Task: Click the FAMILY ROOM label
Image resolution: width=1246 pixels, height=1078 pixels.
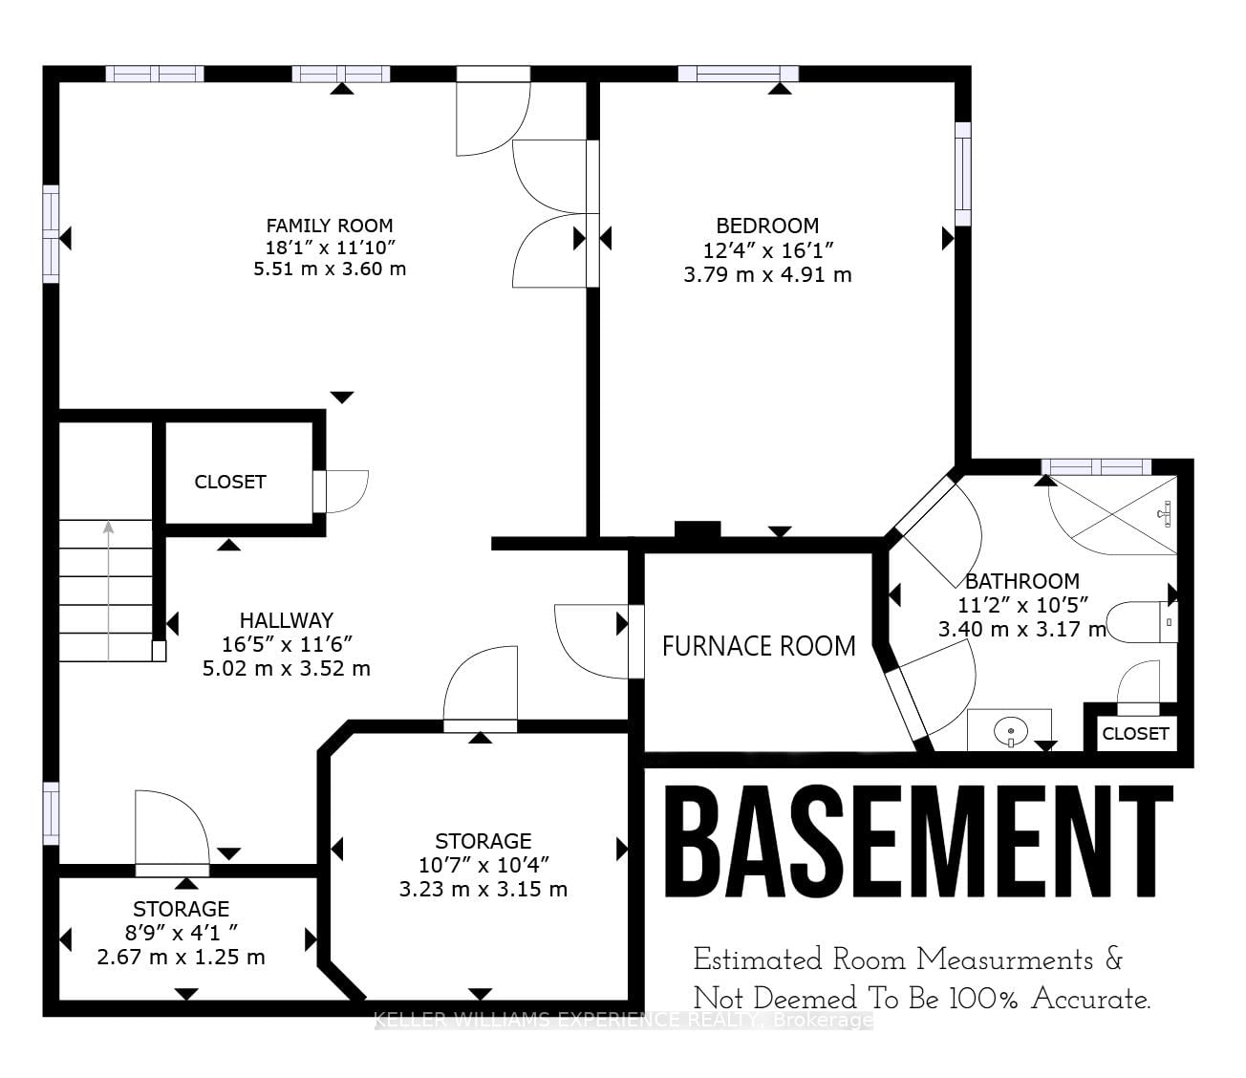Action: tap(329, 226)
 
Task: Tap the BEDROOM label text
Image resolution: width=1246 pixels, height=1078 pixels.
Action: tap(767, 226)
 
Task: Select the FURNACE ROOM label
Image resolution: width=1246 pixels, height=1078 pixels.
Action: tap(759, 646)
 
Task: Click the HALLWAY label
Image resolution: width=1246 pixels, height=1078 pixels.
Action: tap(287, 620)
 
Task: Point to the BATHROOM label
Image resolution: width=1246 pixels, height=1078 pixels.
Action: tap(1022, 581)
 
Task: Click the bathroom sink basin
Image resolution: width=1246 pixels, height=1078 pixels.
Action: tap(1010, 731)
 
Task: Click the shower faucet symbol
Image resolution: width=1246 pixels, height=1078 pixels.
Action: tap(1165, 513)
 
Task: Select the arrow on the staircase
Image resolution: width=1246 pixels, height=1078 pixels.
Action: tap(109, 591)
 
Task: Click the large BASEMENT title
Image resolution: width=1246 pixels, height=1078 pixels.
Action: tap(918, 842)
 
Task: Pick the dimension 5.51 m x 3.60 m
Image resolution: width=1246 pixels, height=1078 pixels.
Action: tap(330, 269)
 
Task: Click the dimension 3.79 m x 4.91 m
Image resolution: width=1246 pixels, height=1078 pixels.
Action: tap(767, 275)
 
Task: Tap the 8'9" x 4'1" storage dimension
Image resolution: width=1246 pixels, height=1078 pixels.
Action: tap(182, 933)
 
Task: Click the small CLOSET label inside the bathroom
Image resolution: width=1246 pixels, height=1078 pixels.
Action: tap(1136, 734)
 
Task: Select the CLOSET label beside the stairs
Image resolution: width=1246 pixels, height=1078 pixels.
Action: tap(230, 482)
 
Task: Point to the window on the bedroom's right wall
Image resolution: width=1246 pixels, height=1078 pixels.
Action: tap(963, 174)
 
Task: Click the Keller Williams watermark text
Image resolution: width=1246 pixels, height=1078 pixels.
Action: tap(623, 1020)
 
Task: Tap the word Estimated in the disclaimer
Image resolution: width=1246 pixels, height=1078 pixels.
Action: tap(758, 959)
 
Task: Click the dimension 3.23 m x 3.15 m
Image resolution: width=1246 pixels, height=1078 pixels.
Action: tap(483, 890)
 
